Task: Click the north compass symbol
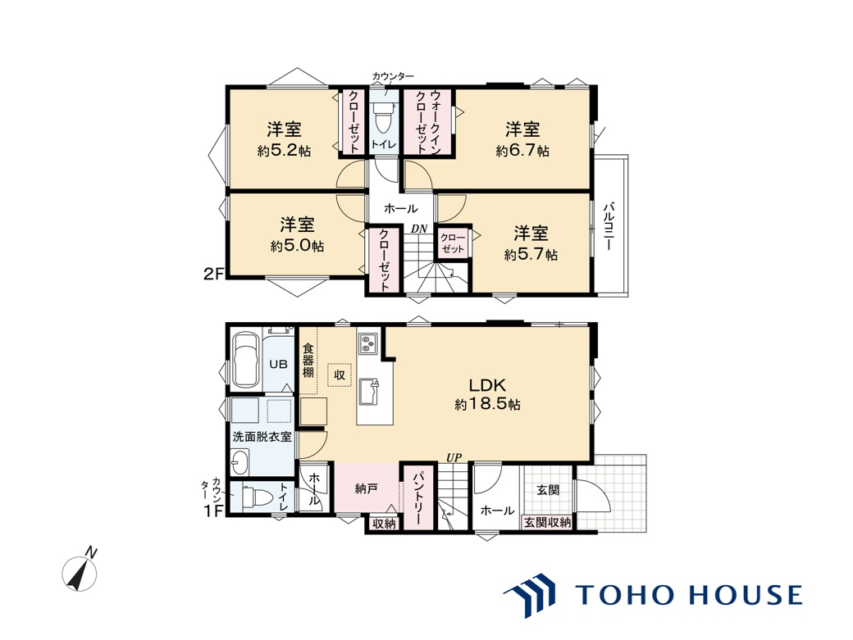tap(80, 572)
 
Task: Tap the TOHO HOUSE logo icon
tap(531, 596)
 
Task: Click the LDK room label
tap(487, 386)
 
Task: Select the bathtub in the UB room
tap(246, 361)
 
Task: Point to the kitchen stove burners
tap(367, 343)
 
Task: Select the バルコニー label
tap(609, 226)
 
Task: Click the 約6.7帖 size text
tap(522, 151)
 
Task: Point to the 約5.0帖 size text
tap(297, 246)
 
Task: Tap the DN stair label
tap(419, 229)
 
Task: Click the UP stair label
tap(454, 459)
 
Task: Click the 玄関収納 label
tap(547, 523)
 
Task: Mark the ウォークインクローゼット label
tap(427, 121)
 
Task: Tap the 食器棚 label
tap(308, 360)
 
